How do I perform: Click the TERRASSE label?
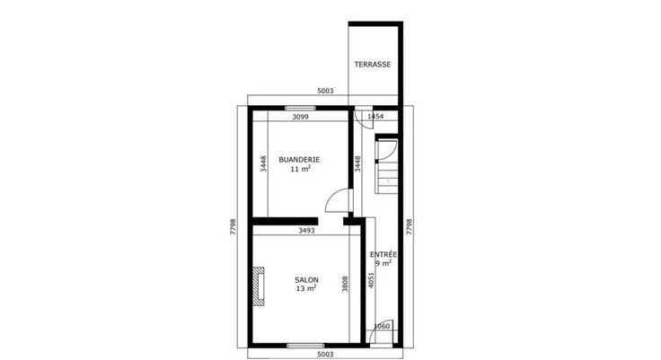click(372, 65)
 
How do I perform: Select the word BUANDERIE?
click(299, 160)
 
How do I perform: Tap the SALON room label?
click(306, 280)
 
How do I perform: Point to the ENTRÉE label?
click(383, 254)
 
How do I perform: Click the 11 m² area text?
click(300, 169)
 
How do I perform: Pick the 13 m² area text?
click(306, 289)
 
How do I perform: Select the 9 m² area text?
click(383, 263)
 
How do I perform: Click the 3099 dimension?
click(301, 118)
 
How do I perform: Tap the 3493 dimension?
click(306, 231)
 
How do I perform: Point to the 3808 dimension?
click(345, 284)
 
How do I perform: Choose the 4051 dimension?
click(371, 280)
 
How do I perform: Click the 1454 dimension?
click(375, 117)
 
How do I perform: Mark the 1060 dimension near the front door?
click(382, 326)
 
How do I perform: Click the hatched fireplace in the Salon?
click(259, 286)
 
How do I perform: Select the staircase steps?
click(387, 176)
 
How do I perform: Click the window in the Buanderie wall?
click(300, 109)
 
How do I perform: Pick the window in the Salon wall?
click(305, 346)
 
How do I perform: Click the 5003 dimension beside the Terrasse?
click(325, 91)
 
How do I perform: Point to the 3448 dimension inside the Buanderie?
click(263, 164)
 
